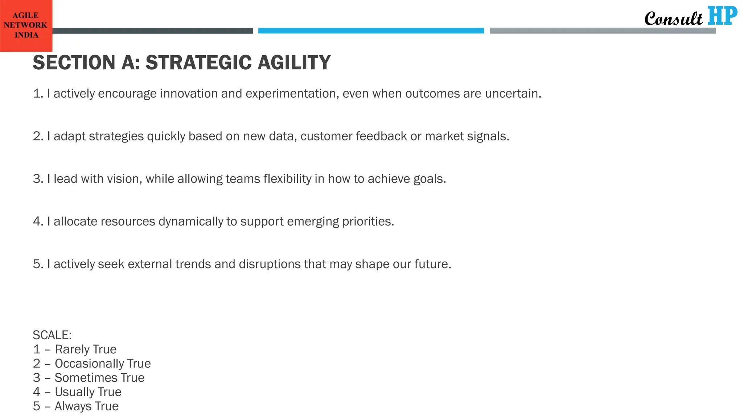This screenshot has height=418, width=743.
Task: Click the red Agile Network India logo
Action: tap(26, 25)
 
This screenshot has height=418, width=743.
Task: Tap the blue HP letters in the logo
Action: tap(722, 16)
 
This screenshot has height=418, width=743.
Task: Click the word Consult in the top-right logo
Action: tap(673, 19)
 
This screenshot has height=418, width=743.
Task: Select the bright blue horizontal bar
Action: tap(371, 31)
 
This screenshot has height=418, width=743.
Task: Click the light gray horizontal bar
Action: tap(602, 31)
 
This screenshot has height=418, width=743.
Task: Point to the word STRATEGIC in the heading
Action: tap(198, 62)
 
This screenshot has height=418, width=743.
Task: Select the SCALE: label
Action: tap(52, 335)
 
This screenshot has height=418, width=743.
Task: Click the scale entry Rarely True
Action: tap(86, 349)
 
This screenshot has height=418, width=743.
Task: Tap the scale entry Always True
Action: tap(86, 406)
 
